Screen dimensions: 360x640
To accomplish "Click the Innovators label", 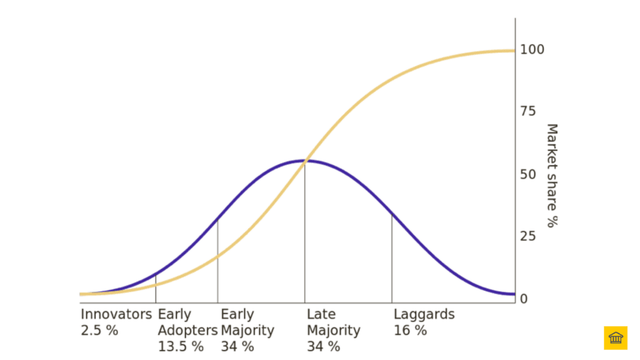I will coord(116,314).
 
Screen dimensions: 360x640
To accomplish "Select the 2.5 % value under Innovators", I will coord(99,331).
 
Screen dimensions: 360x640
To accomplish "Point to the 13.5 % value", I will coord(181,346).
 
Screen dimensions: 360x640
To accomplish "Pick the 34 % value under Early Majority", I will coord(237,346).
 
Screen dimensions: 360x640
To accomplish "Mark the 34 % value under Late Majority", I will coord(323,346).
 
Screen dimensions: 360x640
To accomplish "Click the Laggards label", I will coord(424,314).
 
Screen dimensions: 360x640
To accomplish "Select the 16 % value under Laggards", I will coord(410,331).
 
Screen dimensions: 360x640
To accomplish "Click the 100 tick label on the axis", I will coord(532,49).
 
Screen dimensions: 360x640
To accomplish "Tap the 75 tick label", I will coord(528,112).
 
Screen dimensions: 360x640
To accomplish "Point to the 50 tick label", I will coord(528,174).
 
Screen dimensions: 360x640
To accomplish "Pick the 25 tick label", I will coord(528,236).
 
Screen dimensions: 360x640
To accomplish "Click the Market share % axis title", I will coord(551,176).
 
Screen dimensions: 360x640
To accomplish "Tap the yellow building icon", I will coord(615,337).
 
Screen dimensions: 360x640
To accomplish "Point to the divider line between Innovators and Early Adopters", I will coord(156,289).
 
